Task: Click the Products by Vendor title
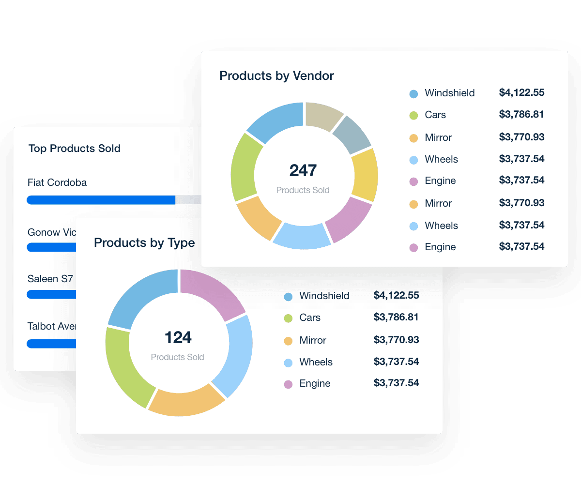coord(276,76)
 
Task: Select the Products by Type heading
coord(144,242)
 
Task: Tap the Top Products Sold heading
coord(74,149)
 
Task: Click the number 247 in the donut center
coord(303,170)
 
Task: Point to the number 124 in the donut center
coord(178,337)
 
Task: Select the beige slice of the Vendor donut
coord(324,116)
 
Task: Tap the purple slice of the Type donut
coord(213,292)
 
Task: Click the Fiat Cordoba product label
coord(57,182)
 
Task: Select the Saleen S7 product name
coord(50,279)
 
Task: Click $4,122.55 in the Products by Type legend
coord(396,295)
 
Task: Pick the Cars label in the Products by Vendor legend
coord(435,115)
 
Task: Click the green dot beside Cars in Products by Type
coord(288,318)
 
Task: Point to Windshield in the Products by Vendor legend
coord(449,93)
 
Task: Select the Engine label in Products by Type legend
coord(315,383)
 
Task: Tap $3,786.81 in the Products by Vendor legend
coord(521,115)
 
